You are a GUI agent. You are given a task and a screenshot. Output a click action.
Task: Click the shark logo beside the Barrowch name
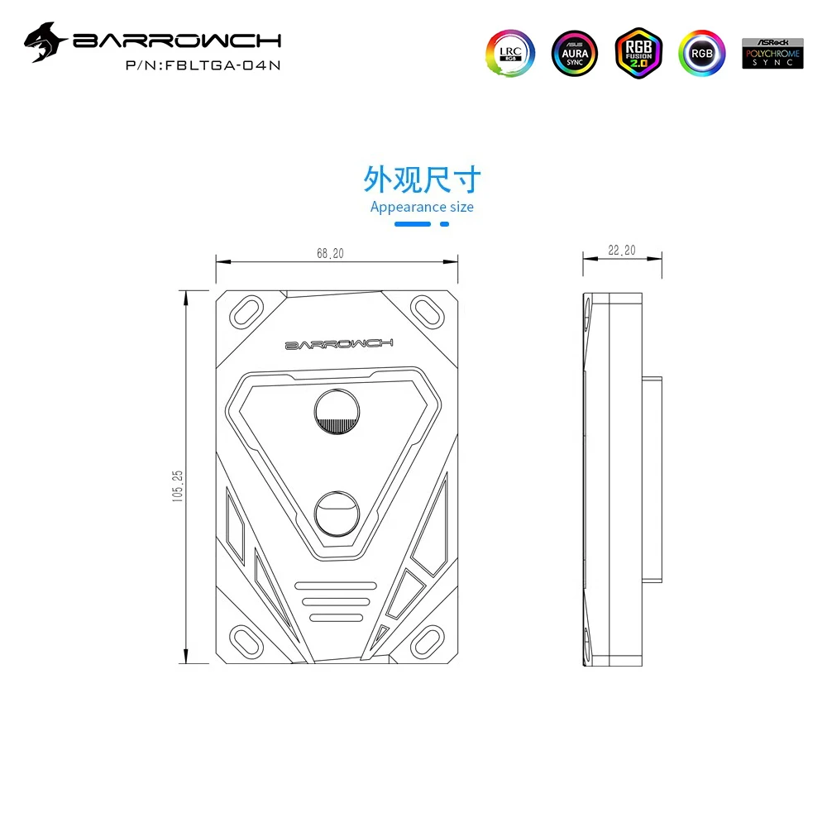coord(45,42)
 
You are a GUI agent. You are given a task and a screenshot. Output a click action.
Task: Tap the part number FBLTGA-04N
coord(222,65)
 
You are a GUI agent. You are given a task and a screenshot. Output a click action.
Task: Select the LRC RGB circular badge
coord(510,53)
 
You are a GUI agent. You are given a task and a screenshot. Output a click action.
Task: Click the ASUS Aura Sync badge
coord(575,53)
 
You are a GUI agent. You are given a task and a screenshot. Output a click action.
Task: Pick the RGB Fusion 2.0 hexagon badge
coord(638,53)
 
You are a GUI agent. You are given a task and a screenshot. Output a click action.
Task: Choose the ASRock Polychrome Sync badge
coord(772,53)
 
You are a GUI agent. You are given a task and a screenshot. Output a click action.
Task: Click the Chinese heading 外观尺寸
coord(422,179)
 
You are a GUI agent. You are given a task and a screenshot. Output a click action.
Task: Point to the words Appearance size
coord(422,208)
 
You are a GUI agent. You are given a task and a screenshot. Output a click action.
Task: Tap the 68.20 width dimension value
coord(330,254)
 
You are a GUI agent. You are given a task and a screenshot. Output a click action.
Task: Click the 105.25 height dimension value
coord(178,485)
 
